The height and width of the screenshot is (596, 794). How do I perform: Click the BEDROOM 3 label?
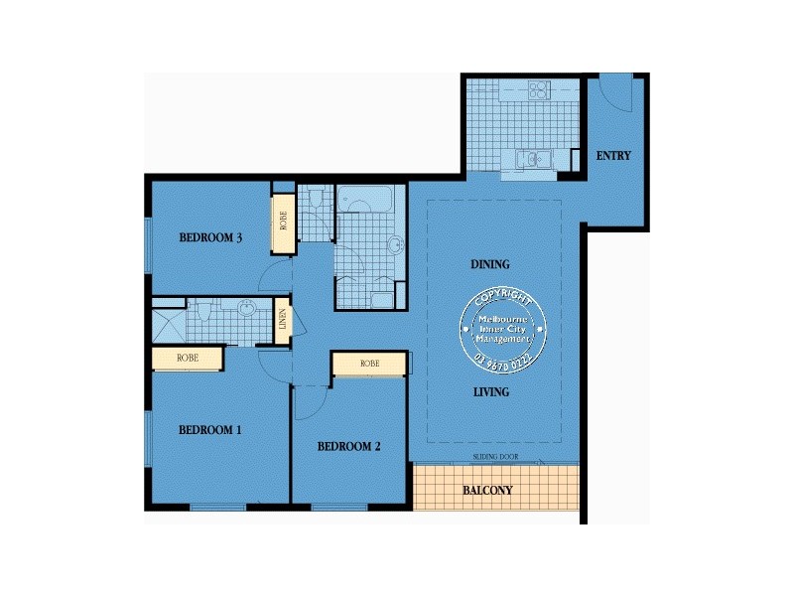click(x=211, y=237)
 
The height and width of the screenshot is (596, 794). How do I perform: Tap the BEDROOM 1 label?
click(x=210, y=430)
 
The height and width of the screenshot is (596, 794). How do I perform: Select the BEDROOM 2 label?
click(x=349, y=447)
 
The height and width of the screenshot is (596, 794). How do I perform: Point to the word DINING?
click(x=490, y=265)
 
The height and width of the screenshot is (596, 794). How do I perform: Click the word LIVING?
click(x=490, y=392)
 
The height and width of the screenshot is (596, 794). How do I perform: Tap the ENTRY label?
click(x=613, y=156)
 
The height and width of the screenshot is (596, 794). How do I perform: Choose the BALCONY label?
click(x=487, y=491)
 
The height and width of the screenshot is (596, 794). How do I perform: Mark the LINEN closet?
click(x=283, y=321)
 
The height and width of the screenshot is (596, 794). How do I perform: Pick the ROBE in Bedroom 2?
click(x=369, y=365)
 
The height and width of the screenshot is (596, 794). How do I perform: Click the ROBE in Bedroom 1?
click(x=187, y=358)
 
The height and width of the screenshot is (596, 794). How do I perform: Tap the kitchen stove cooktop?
click(x=539, y=90)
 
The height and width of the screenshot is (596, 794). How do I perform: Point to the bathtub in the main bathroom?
click(x=364, y=199)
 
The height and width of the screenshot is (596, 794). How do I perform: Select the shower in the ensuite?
click(x=167, y=323)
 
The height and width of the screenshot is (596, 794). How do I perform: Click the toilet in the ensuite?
click(x=202, y=312)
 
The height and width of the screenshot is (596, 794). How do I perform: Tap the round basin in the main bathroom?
click(x=395, y=244)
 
